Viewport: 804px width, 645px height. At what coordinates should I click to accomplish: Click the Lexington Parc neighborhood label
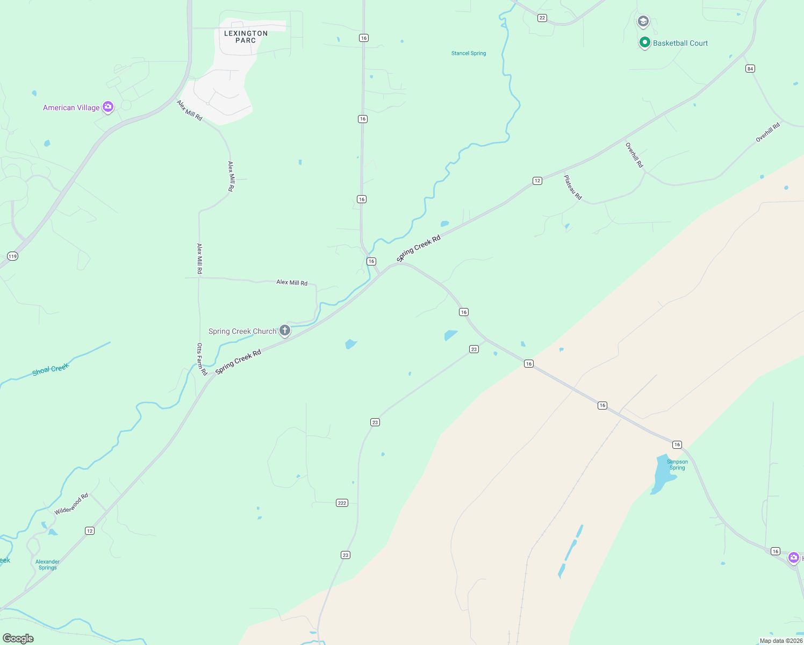coord(246,37)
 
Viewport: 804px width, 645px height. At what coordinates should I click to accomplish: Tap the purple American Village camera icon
coord(108,107)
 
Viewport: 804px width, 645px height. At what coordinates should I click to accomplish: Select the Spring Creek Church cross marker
coord(285,331)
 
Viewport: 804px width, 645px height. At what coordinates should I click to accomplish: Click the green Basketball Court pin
coord(645,42)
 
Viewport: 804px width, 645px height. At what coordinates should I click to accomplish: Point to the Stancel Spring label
coord(469,53)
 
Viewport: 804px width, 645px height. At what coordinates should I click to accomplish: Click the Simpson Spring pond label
coord(677,465)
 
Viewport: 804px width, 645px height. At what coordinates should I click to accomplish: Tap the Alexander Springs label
coord(47,564)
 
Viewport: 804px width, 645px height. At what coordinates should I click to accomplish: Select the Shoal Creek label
coord(51,369)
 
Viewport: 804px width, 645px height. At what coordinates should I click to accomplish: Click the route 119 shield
coord(12,256)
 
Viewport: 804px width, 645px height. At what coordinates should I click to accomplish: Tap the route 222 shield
coord(342,503)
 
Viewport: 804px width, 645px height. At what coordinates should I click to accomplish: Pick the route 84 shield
coord(750,68)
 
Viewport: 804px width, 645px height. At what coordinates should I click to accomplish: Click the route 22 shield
coord(542,18)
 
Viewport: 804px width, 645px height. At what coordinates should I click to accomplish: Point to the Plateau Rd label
coord(573,187)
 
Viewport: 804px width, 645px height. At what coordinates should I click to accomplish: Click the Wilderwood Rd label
coord(71,504)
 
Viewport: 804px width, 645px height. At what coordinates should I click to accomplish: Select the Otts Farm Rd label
coord(202,359)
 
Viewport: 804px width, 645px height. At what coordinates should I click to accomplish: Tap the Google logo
coord(18,639)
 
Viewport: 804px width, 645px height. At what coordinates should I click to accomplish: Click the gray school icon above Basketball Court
coord(643,21)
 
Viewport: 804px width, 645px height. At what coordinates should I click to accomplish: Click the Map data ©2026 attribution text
coord(781,641)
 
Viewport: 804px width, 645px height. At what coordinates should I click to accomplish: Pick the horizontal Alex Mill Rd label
coord(292,282)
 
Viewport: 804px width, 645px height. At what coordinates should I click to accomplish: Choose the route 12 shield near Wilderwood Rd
coord(90,531)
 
